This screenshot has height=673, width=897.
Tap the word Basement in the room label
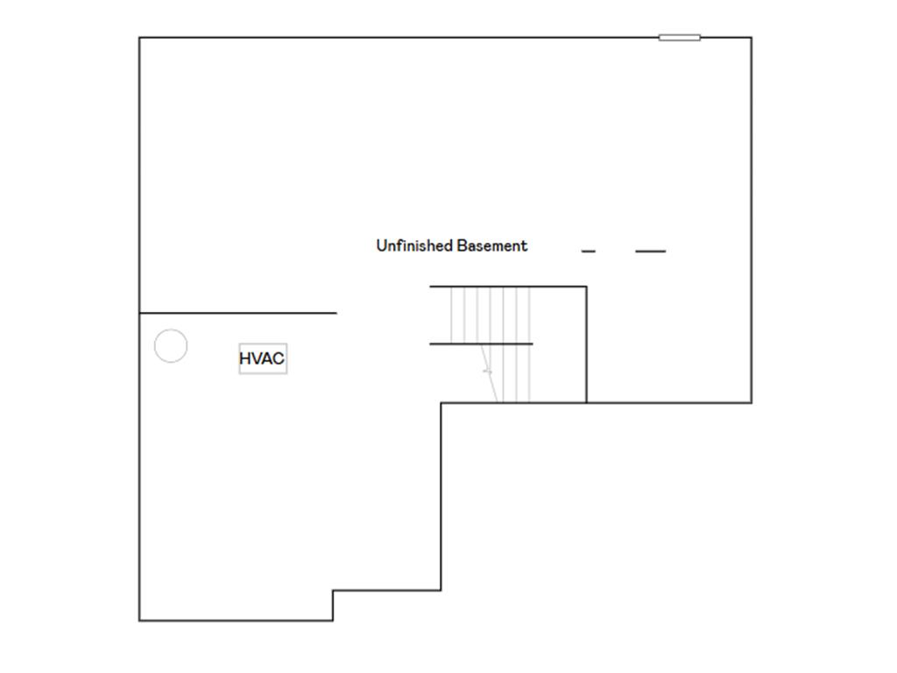[492, 245]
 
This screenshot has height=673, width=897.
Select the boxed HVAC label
[263, 358]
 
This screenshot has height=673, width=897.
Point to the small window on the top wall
[679, 38]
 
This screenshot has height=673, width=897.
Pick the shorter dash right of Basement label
[588, 251]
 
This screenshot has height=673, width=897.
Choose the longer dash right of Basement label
[651, 251]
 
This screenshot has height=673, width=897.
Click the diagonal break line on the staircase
[489, 372]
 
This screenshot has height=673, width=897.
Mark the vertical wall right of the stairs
[586, 344]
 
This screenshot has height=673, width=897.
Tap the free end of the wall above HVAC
[336, 313]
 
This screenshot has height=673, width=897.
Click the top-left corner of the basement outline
[139, 38]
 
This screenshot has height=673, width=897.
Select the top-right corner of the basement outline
[751, 38]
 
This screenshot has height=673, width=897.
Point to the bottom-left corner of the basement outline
[139, 620]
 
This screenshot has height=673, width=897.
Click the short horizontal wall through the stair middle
[481, 344]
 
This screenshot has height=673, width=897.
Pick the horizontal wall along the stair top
[508, 287]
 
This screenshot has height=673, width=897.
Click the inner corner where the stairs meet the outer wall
[441, 403]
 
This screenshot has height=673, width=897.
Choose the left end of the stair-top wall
[430, 287]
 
